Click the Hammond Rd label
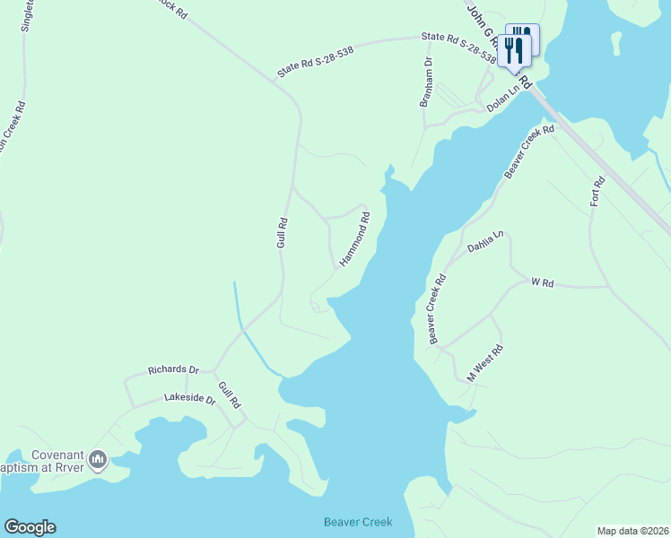(354, 239)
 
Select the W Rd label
(542, 282)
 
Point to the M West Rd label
(484, 364)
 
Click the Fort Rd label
(598, 191)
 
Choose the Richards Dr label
(173, 369)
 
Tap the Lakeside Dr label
(190, 397)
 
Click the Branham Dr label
(427, 83)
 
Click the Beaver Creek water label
(357, 522)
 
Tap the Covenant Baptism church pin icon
(98, 461)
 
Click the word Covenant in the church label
(57, 454)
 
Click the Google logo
(30, 527)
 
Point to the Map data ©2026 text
(632, 531)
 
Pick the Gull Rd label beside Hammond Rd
(281, 232)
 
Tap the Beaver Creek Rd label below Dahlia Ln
(437, 309)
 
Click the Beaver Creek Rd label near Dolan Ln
(528, 151)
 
